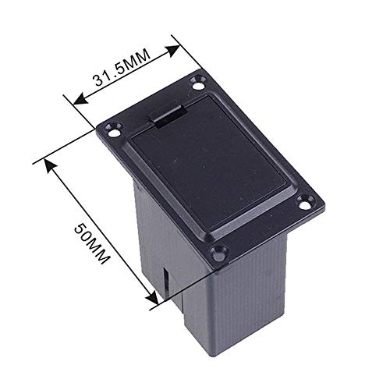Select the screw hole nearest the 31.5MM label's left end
pos(115,133)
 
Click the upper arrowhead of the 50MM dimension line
pos(50,164)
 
